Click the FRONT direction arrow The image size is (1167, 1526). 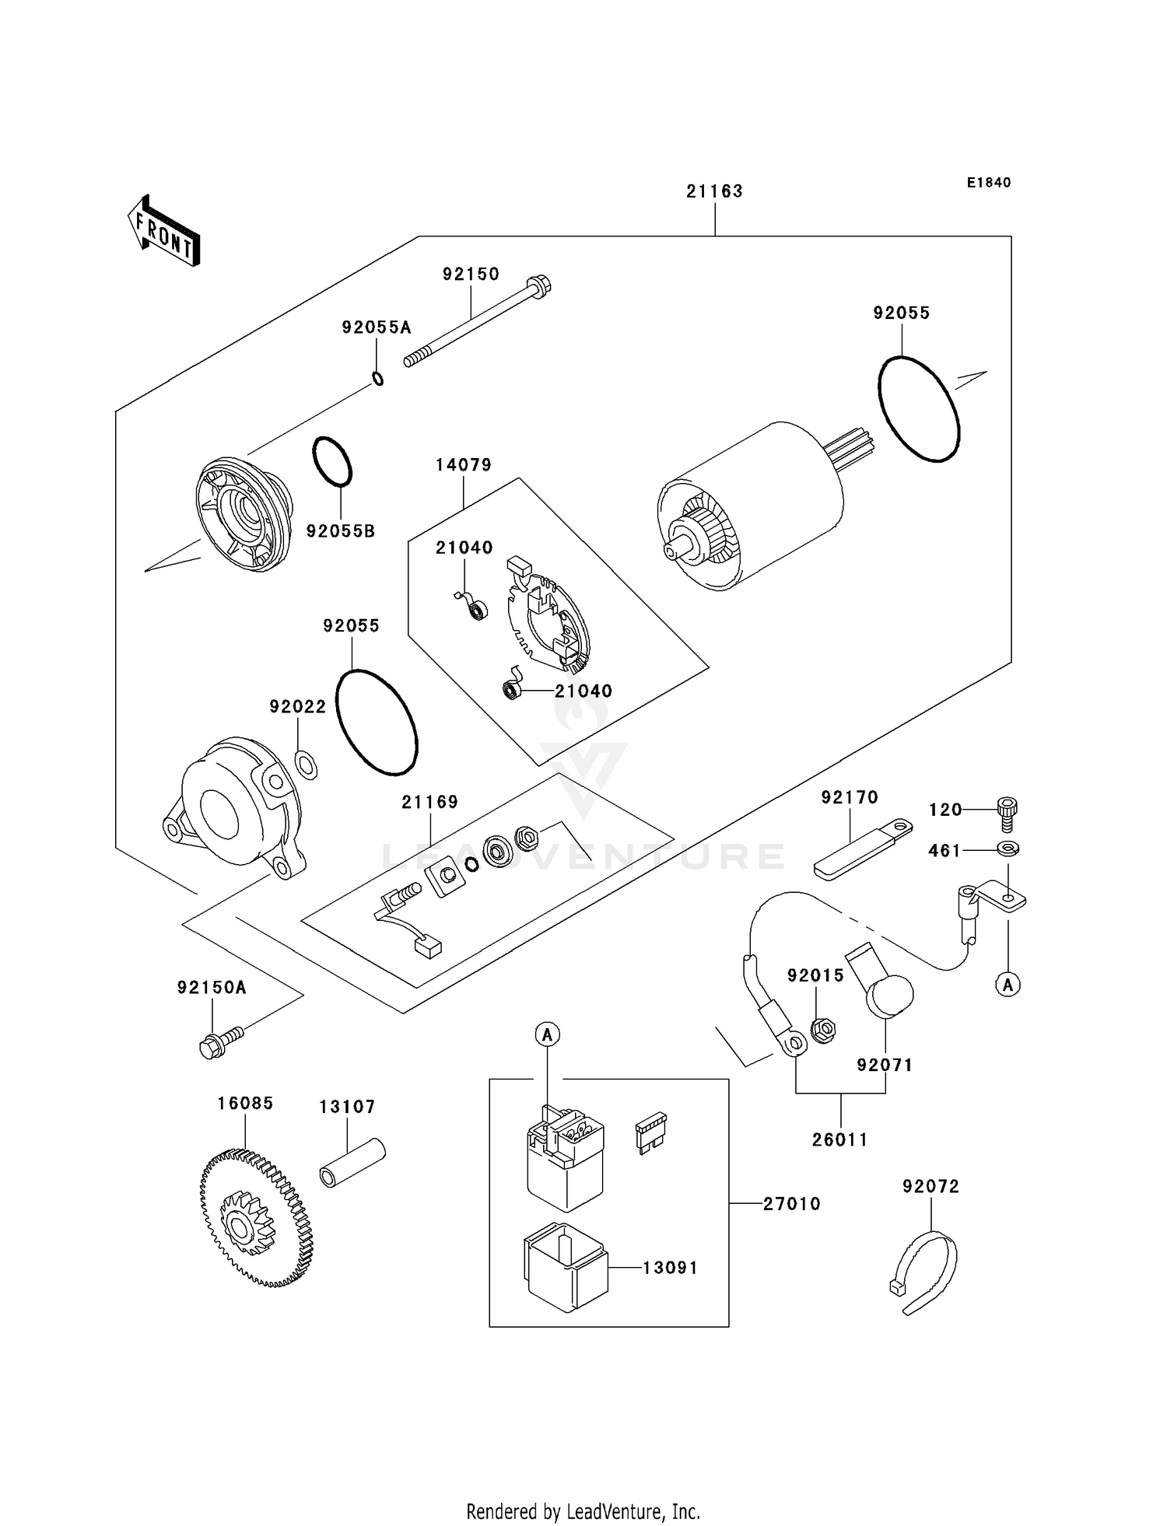click(x=164, y=233)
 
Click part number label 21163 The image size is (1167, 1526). click(x=714, y=191)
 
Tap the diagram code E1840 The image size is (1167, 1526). click(x=989, y=183)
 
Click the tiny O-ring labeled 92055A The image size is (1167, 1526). click(x=378, y=380)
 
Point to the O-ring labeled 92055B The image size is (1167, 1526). click(x=332, y=461)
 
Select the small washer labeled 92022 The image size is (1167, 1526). click(x=307, y=765)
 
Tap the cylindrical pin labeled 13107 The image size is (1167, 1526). click(x=352, y=1163)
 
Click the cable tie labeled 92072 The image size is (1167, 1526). click(x=926, y=1273)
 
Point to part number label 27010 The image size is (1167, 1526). click(x=791, y=1204)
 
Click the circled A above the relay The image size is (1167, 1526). click(x=548, y=1034)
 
